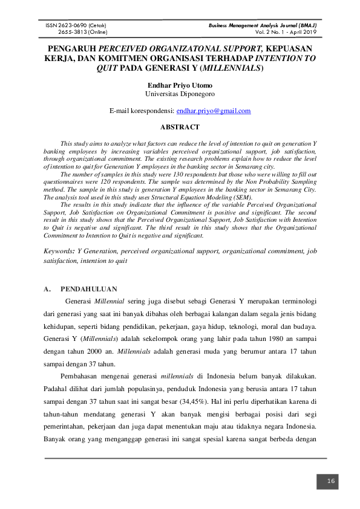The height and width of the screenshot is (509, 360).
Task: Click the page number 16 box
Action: click(331, 481)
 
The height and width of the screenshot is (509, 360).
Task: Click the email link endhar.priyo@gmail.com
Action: click(213, 111)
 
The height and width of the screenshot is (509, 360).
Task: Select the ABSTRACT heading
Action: click(180, 127)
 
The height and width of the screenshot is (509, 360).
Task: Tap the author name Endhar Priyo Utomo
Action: click(180, 85)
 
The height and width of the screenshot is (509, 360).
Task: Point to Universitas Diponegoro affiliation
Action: click(180, 94)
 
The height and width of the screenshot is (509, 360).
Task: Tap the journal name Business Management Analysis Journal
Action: click(263, 25)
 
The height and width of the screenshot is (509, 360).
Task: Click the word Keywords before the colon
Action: click(61, 250)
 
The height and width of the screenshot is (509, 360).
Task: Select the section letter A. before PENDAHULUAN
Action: click(48, 289)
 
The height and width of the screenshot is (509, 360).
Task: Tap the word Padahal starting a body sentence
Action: click(57, 387)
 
